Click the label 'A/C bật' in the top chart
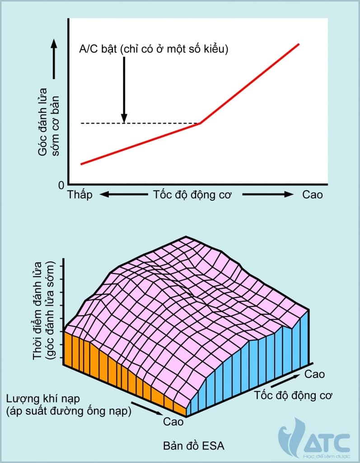click(98, 49)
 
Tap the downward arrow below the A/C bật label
click(124, 90)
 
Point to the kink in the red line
click(199, 123)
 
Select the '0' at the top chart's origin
click(61, 185)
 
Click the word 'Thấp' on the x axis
click(80, 195)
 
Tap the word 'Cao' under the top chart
click(313, 195)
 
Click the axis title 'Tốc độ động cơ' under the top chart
click(192, 195)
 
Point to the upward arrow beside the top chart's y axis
click(55, 59)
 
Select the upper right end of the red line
click(299, 44)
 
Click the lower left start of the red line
click(81, 164)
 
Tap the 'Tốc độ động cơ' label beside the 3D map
click(293, 395)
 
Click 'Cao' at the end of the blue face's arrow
click(314, 374)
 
